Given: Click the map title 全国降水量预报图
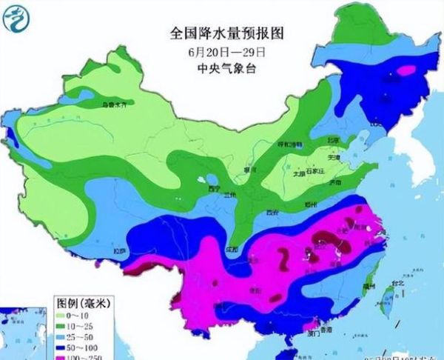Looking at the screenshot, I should (x=228, y=33).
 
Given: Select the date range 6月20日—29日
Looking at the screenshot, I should (x=228, y=52).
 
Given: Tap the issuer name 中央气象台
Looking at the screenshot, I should (x=228, y=69).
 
